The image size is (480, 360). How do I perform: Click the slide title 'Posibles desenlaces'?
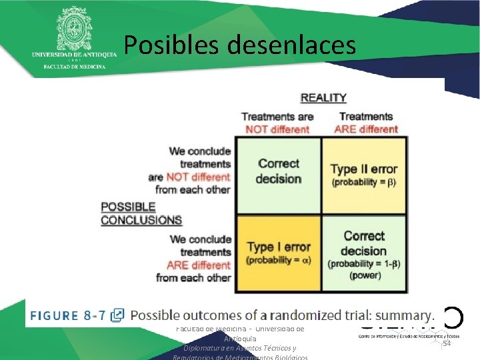click(x=239, y=45)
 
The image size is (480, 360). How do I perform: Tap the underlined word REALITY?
click(x=323, y=98)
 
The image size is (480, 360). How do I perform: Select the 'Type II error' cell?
click(x=364, y=175)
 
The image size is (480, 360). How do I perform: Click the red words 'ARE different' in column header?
click(x=366, y=129)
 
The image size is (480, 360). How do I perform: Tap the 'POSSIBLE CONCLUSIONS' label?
click(x=141, y=213)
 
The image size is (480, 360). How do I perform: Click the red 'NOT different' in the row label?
click(x=197, y=177)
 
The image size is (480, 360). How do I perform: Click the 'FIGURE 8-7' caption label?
click(x=68, y=315)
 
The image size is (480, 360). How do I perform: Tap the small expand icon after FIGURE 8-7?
click(x=117, y=315)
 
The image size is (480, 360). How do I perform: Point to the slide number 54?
click(x=447, y=343)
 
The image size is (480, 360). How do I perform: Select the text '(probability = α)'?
click(x=279, y=260)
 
